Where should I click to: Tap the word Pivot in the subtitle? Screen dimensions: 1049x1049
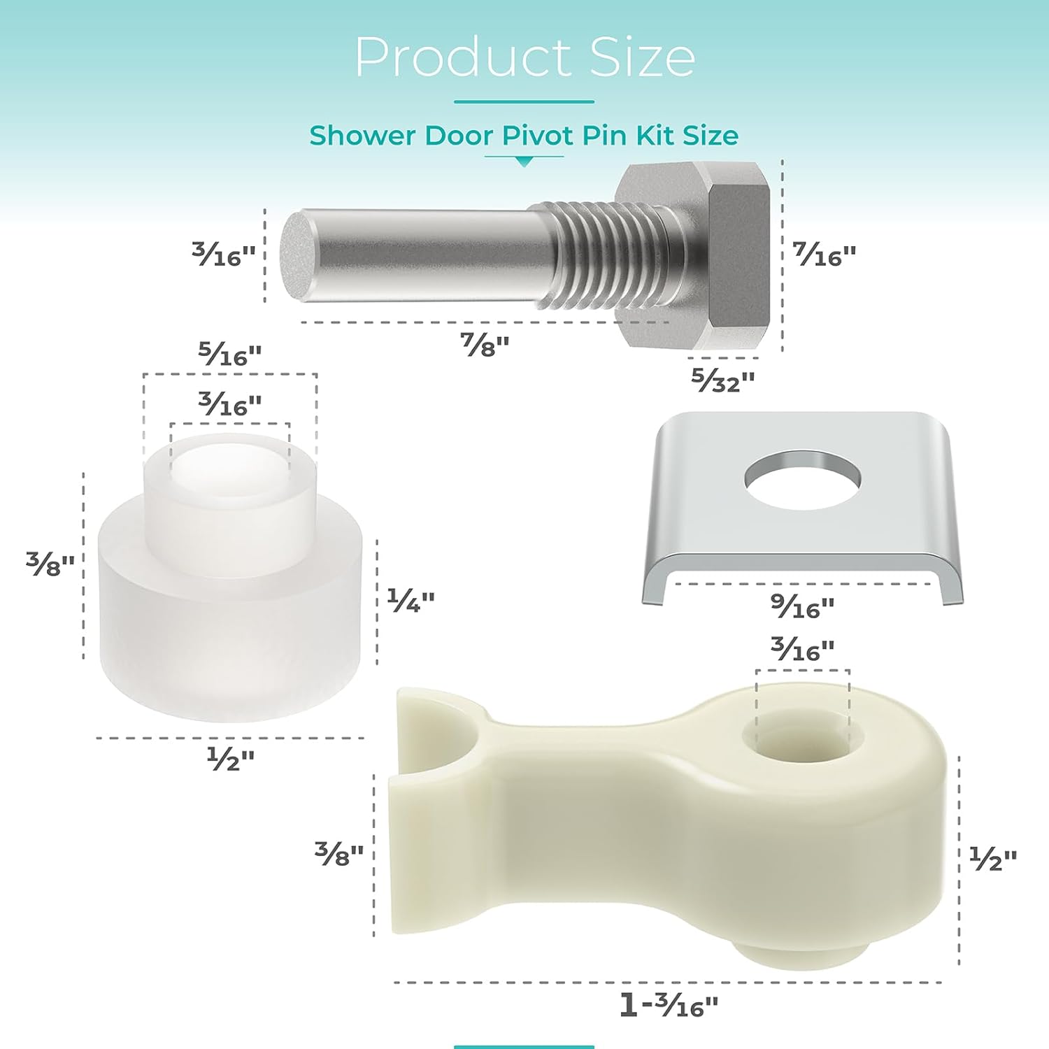click(541, 135)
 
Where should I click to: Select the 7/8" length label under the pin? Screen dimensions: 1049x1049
click(484, 344)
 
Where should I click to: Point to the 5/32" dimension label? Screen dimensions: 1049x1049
click(722, 380)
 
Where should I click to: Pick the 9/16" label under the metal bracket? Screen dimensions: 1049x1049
click(802, 606)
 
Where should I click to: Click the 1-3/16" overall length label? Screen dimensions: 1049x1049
click(669, 1006)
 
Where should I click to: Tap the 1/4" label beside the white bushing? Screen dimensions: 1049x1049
click(411, 600)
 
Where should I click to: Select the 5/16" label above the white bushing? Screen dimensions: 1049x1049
click(229, 355)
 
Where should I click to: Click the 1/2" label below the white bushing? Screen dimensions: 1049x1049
click(230, 758)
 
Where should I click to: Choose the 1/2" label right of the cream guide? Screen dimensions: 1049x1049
click(992, 858)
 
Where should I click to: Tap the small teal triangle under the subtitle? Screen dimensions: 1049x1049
click(524, 162)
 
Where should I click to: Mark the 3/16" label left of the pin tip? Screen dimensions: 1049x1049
click(224, 255)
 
